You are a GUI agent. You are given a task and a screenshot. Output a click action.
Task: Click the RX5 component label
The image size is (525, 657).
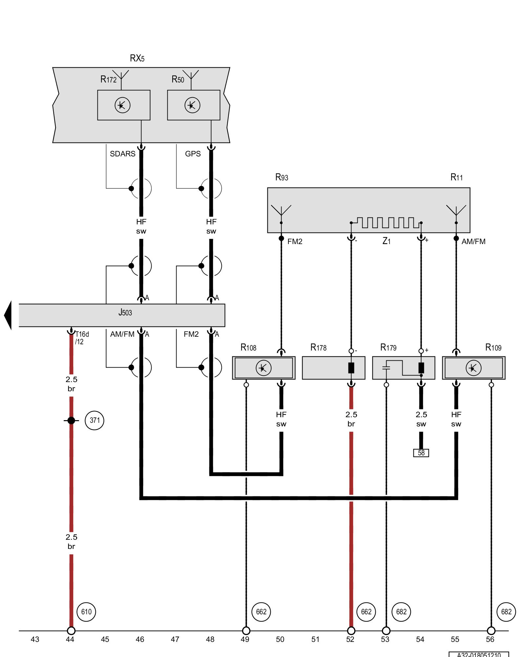pyautogui.click(x=137, y=58)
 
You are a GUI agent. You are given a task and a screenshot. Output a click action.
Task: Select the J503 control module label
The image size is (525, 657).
pyautogui.click(x=125, y=312)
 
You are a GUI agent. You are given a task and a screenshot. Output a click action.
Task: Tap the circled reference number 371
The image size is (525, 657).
pyautogui.click(x=94, y=420)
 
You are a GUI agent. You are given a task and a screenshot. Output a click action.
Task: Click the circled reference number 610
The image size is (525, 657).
pyautogui.click(x=86, y=612)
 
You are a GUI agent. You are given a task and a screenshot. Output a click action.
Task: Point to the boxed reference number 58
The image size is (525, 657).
pyautogui.click(x=421, y=453)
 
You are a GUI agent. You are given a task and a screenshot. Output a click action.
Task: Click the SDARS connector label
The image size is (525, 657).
pyautogui.click(x=122, y=154)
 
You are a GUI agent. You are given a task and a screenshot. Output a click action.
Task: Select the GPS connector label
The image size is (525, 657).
pyautogui.click(x=193, y=154)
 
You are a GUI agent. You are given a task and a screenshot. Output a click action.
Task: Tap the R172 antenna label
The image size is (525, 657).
pyautogui.click(x=108, y=79)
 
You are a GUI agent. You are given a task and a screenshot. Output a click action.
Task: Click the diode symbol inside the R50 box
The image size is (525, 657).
pyautogui.click(x=192, y=105)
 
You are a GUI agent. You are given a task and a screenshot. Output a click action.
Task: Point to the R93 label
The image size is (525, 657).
pyautogui.click(x=282, y=178)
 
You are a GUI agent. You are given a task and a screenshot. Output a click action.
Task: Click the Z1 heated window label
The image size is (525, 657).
pyautogui.click(x=387, y=241)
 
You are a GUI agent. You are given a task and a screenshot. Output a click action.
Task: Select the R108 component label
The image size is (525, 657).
pyautogui.click(x=248, y=348)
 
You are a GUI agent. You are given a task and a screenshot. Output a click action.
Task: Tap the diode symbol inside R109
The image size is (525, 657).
pyautogui.click(x=473, y=368)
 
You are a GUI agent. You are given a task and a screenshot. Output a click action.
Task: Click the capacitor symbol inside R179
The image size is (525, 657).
pyautogui.click(x=386, y=368)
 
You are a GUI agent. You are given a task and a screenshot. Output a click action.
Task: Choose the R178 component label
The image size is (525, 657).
pyautogui.click(x=318, y=348)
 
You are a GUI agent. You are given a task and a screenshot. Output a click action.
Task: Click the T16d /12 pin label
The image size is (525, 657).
pyautogui.click(x=81, y=338)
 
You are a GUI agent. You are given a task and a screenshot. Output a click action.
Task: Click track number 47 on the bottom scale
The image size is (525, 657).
pyautogui.click(x=175, y=639)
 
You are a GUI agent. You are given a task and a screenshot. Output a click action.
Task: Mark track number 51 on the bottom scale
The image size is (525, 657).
pyautogui.click(x=315, y=639)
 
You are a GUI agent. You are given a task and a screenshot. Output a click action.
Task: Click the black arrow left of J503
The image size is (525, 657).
pyautogui.click(x=8, y=315)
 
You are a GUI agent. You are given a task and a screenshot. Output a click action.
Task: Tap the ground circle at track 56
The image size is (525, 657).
pyautogui.click(x=491, y=631)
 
